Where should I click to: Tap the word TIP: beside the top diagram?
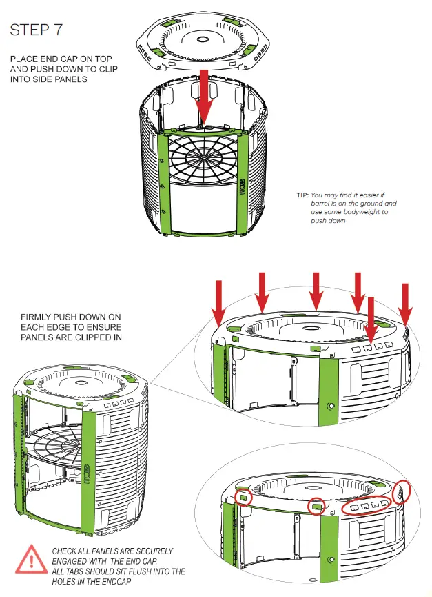(x=302, y=195)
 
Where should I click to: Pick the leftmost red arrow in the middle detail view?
(x=219, y=301)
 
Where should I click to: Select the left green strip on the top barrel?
(x=163, y=183)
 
